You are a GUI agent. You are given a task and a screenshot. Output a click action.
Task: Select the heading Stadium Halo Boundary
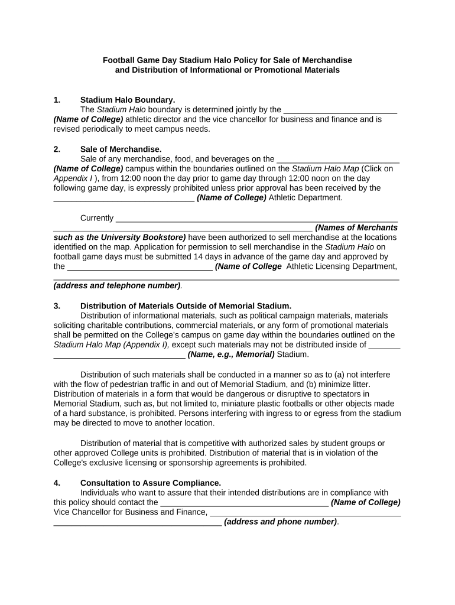[x=128, y=100]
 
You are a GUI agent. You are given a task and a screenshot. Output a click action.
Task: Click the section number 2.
[x=57, y=149]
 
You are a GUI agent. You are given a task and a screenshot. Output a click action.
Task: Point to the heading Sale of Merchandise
[x=121, y=149]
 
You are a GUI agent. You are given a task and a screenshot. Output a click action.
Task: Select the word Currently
[x=97, y=218]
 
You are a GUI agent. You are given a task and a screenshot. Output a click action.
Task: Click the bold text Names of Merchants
[x=356, y=227]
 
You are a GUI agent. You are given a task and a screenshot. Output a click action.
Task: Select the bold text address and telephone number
[x=117, y=285]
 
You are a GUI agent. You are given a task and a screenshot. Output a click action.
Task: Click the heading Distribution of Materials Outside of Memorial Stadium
[x=186, y=306]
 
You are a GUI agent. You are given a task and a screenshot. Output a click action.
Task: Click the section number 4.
[x=57, y=483]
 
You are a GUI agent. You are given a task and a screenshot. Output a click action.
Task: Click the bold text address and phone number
[x=281, y=522]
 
